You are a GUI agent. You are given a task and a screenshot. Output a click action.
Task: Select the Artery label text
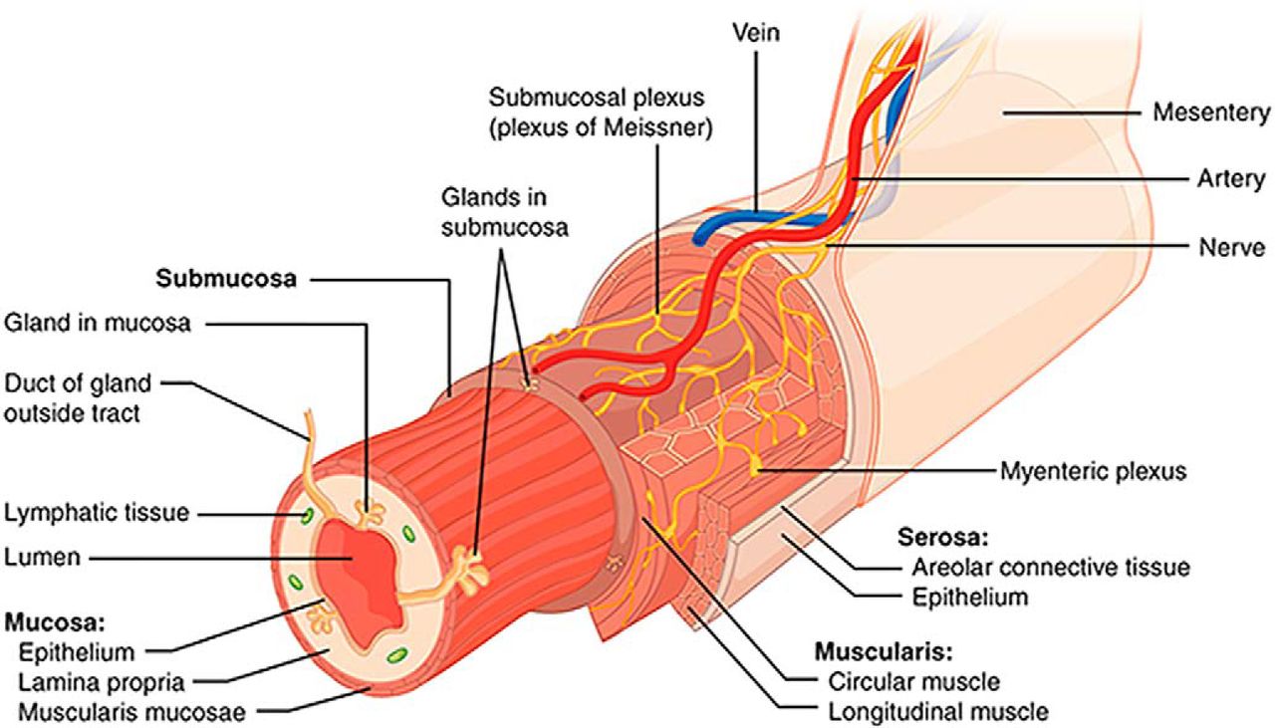(x=1231, y=179)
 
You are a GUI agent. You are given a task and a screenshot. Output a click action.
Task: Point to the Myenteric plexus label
(x=1093, y=470)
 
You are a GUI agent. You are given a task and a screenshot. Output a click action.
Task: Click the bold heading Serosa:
(x=943, y=538)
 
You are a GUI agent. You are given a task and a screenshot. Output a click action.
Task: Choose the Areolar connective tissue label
(x=1051, y=568)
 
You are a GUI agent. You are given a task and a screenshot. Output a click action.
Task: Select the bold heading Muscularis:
(x=884, y=653)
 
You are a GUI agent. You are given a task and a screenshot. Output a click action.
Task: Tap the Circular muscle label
(x=913, y=682)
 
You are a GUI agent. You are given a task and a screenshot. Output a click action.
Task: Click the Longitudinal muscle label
(x=937, y=711)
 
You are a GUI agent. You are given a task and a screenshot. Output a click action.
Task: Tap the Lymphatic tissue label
(x=97, y=513)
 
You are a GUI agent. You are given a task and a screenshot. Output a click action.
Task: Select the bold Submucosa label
(x=225, y=279)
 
